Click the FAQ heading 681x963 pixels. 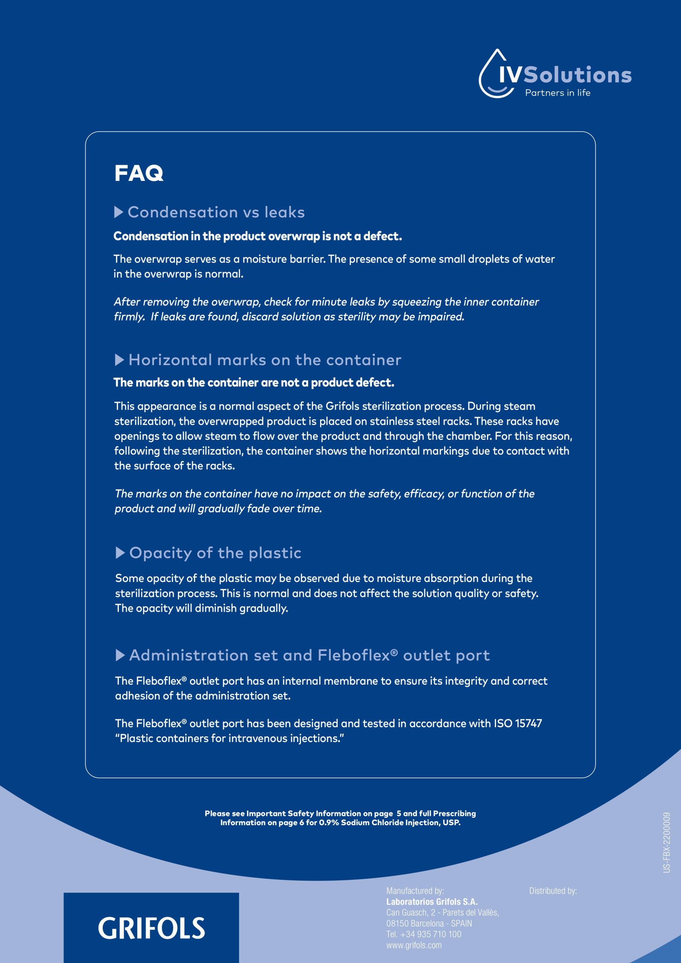[138, 173]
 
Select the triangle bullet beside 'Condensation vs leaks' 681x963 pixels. [118, 212]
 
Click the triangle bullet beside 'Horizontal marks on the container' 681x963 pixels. [119, 360]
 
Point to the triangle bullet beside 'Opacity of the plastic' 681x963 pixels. [120, 553]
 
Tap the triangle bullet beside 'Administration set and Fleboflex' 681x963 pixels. [120, 655]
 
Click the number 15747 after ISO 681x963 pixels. [528, 723]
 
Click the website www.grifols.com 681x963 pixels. [414, 945]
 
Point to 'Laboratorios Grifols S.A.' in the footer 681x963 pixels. [432, 902]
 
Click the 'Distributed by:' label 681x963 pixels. [553, 891]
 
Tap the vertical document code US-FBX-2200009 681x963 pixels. [667, 843]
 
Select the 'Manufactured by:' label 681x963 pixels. [415, 891]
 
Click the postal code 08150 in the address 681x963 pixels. [397, 924]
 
